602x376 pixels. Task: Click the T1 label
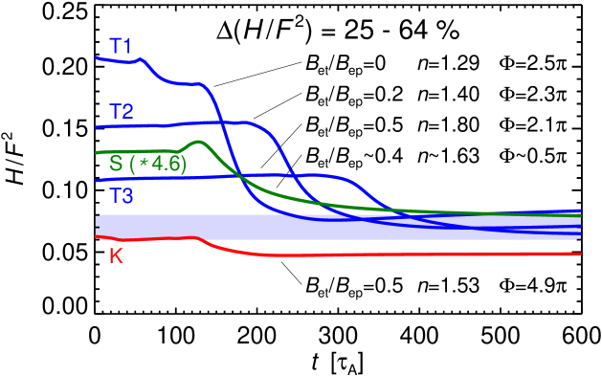[x=121, y=45]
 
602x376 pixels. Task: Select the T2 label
[x=121, y=111]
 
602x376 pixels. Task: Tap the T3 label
[x=121, y=196]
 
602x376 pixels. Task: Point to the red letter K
[x=116, y=255]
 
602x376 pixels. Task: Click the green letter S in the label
[x=115, y=164]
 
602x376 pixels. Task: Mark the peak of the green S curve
[x=199, y=142]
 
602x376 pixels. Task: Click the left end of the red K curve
[x=97, y=237]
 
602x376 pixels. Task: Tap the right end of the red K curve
[x=581, y=254]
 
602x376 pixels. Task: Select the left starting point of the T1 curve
[x=97, y=58]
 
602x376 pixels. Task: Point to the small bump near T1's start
[x=143, y=59]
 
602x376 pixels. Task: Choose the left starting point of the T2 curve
[x=97, y=126]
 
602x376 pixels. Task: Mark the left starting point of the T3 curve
[x=97, y=181]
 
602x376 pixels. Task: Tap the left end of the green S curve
[x=97, y=152]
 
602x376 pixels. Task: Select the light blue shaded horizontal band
[x=335, y=226]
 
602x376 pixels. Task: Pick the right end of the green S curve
[x=581, y=216]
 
